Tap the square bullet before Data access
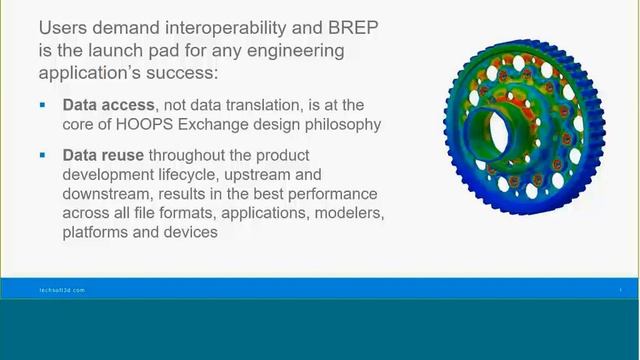[43, 104]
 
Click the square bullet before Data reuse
[43, 156]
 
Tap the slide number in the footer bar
[621, 289]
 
